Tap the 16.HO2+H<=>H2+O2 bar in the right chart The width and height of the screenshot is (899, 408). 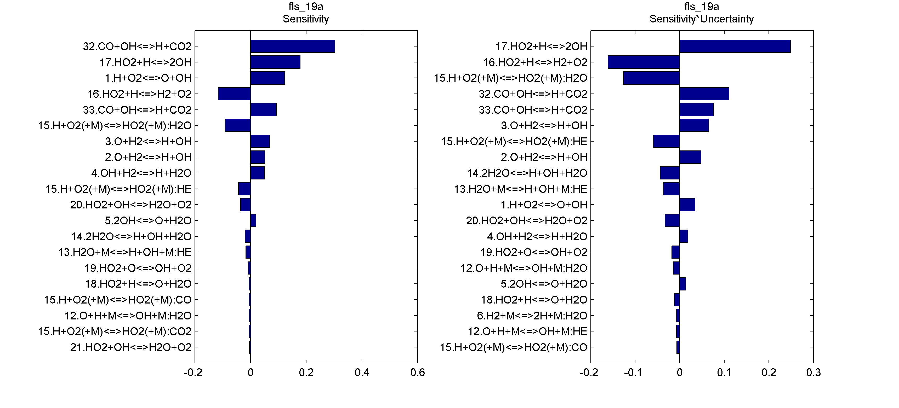pyautogui.click(x=644, y=62)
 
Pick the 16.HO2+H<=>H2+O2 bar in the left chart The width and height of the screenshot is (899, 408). pyautogui.click(x=234, y=94)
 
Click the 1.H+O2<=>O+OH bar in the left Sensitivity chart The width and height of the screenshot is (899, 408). pyautogui.click(x=267, y=78)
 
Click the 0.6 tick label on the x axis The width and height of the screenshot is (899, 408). pyautogui.click(x=417, y=373)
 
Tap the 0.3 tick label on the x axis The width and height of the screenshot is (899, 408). pyautogui.click(x=813, y=373)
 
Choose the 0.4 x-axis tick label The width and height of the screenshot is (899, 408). pyautogui.click(x=362, y=373)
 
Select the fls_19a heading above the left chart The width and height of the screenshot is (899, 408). pyautogui.click(x=305, y=7)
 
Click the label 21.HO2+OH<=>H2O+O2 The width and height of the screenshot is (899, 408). pyautogui.click(x=131, y=347)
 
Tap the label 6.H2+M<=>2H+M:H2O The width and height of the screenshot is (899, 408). pyautogui.click(x=532, y=316)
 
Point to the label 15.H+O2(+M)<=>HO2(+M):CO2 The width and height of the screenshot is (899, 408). pyautogui.click(x=115, y=331)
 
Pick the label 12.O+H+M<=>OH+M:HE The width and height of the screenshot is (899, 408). pyautogui.click(x=527, y=331)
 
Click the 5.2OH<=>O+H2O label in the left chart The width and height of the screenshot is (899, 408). pyautogui.click(x=148, y=220)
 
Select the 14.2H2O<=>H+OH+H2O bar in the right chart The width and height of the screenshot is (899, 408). pyautogui.click(x=669, y=173)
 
